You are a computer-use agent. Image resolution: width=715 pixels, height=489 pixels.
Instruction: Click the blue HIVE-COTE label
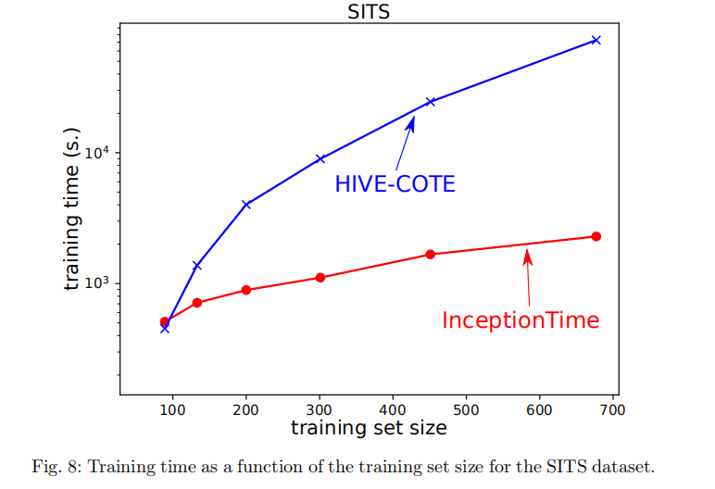coord(395,184)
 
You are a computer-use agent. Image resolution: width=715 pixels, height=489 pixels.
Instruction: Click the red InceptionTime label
coord(521,320)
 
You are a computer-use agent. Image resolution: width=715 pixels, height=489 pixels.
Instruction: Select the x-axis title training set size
coord(368,428)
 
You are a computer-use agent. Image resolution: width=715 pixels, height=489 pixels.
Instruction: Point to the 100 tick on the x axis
coord(172,408)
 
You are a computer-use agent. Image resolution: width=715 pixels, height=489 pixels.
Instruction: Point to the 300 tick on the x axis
coord(320,408)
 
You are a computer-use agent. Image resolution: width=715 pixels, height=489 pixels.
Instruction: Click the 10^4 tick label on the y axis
coord(97,152)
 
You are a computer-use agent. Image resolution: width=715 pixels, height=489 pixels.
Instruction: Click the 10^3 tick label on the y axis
coord(97,282)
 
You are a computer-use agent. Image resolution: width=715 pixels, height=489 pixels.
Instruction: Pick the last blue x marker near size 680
coord(596,40)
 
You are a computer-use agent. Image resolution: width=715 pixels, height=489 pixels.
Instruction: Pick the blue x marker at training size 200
coord(246,204)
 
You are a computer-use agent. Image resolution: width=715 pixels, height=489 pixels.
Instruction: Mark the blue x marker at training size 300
coord(320,158)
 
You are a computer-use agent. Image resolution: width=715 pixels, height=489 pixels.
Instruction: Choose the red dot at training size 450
coord(431,254)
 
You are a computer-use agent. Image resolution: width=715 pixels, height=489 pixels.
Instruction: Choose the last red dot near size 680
coord(596,236)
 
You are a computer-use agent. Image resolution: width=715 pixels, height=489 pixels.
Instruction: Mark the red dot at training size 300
coord(320,277)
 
